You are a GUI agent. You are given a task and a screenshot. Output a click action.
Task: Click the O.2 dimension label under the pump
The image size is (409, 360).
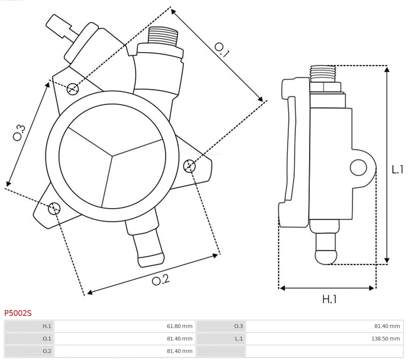click(x=161, y=280)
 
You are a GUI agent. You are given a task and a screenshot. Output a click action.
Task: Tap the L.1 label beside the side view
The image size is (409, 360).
click(x=398, y=169)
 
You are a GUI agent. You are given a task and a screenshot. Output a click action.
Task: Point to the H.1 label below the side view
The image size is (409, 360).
click(x=329, y=299)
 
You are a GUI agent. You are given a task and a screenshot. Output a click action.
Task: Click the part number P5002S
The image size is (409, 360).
click(x=18, y=313)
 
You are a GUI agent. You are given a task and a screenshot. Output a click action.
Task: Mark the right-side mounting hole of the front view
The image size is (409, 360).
click(x=189, y=166)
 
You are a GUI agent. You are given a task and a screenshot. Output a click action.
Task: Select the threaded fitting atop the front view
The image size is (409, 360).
click(x=163, y=37)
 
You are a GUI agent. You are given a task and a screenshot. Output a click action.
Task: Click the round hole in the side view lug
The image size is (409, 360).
click(x=358, y=167)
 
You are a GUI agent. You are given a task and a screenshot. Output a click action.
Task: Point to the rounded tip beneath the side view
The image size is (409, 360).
click(x=326, y=257)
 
